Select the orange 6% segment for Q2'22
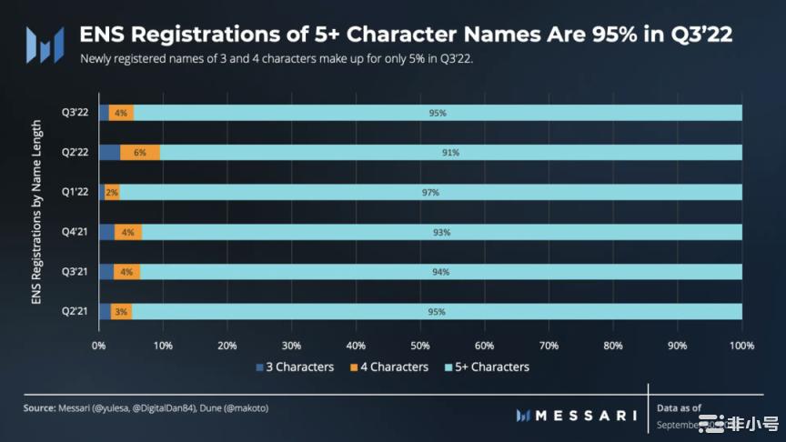140,153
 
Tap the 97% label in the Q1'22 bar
431,193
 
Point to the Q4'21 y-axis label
75,232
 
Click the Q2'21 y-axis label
75,312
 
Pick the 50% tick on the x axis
420,346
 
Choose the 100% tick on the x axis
741,346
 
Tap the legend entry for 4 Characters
388,367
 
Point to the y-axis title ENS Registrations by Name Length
36,211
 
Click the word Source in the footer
39,408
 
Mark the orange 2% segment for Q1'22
112,193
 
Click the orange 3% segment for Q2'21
121,312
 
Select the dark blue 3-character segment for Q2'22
109,153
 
